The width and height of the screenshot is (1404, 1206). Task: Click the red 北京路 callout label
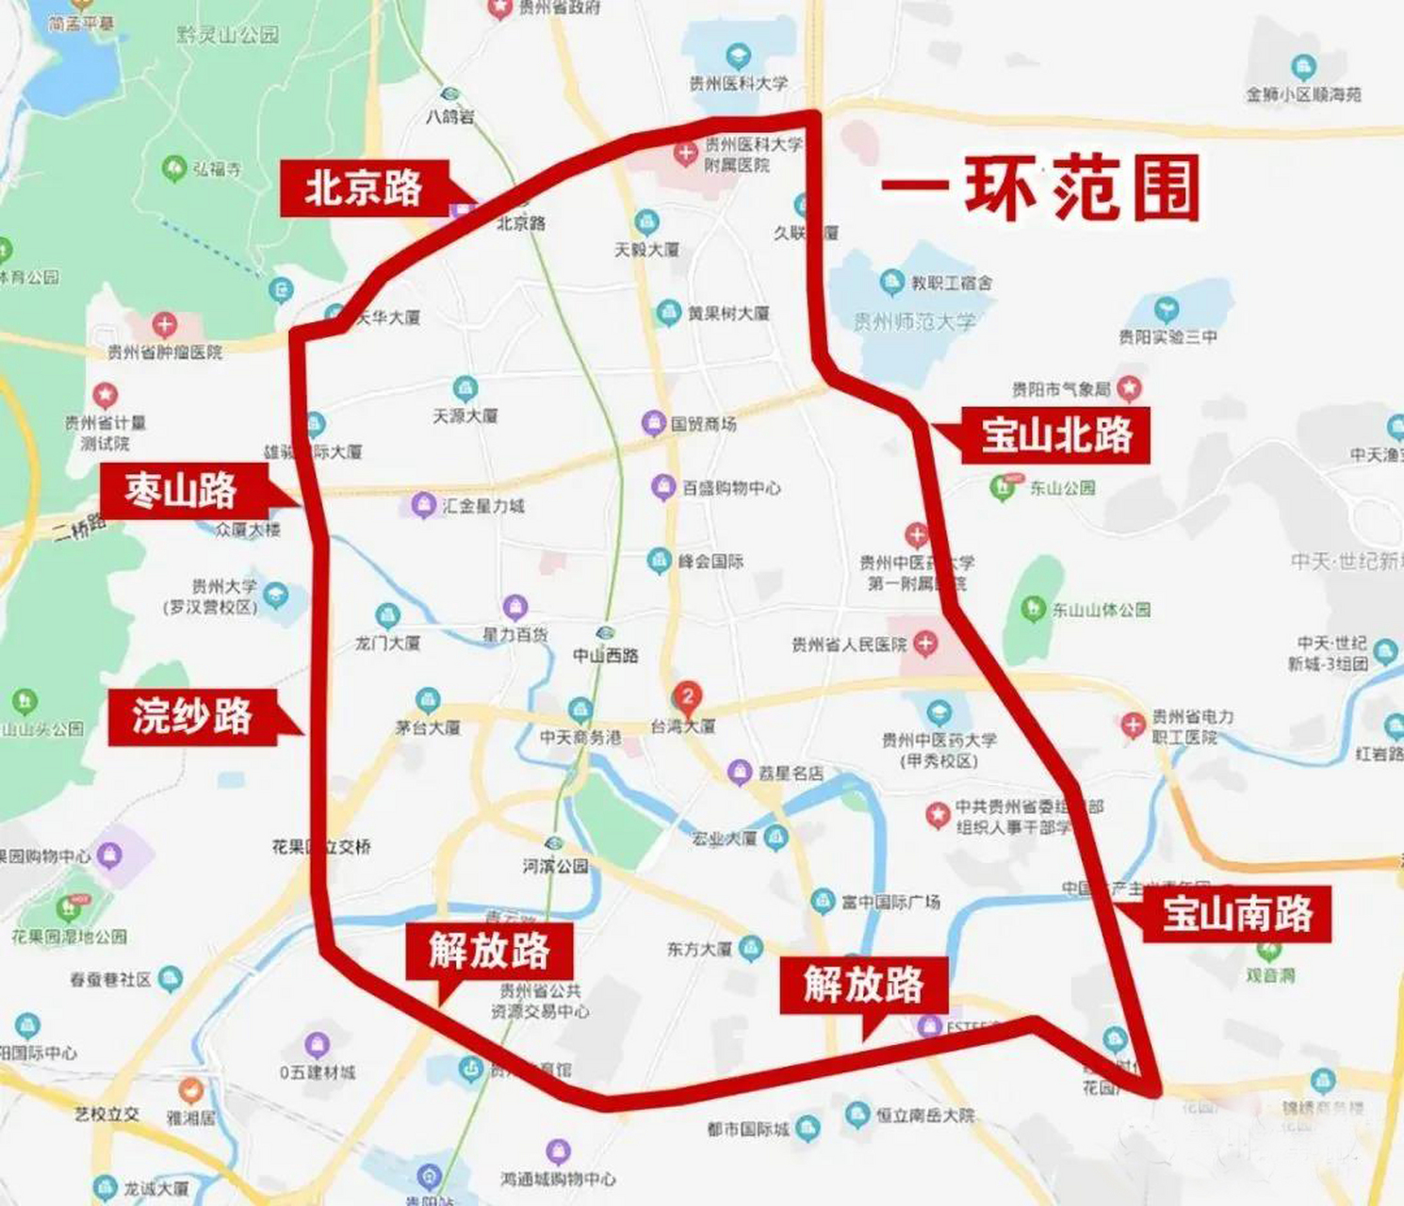(364, 188)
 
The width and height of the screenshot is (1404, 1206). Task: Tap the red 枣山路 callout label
(181, 491)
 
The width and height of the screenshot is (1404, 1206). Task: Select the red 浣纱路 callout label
(192, 717)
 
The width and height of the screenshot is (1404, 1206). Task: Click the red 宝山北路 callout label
(1055, 435)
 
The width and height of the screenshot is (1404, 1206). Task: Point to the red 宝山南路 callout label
(1236, 914)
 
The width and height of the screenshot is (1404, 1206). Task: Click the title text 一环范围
(1040, 188)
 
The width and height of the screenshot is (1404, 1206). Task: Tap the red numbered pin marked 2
(688, 697)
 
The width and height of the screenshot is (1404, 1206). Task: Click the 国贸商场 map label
(703, 424)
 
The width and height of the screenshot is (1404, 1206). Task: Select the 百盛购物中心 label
(731, 488)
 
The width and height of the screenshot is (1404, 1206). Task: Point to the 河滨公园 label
(556, 865)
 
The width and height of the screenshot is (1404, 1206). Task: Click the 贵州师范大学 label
(914, 322)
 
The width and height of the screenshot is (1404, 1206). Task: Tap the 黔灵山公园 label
(228, 36)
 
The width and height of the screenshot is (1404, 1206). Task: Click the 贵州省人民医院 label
(849, 644)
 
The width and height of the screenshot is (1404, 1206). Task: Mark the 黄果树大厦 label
(727, 313)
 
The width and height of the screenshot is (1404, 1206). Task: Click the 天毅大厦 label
(646, 250)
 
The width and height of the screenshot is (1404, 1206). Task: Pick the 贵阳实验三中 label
(1167, 336)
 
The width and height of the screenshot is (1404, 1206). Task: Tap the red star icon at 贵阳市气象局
(1129, 387)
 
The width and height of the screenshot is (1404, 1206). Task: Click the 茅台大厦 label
(428, 727)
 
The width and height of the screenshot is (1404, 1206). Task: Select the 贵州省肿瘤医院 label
(165, 351)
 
